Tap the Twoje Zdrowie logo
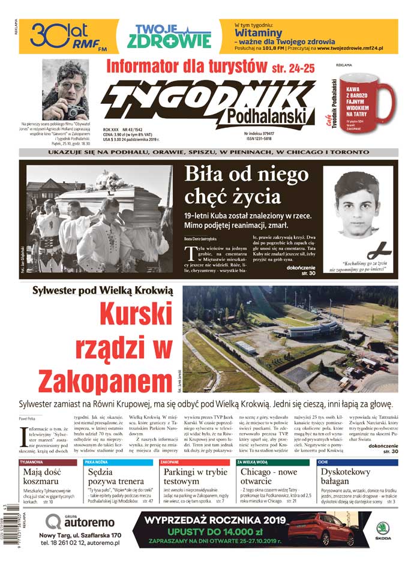click(x=169, y=36)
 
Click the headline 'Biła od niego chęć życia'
click(x=246, y=186)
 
